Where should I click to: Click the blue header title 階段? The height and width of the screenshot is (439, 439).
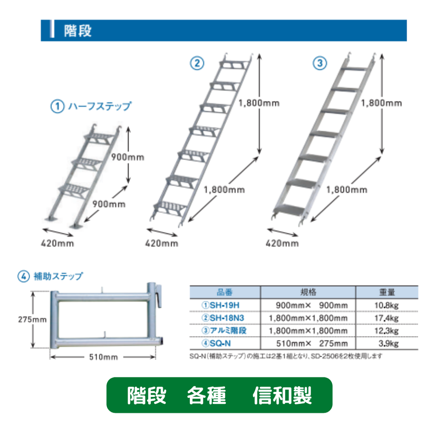78,30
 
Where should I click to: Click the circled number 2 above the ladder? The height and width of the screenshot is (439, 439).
197,63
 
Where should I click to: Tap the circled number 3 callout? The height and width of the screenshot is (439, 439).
320,63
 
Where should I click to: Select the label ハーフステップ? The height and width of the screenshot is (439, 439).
100,106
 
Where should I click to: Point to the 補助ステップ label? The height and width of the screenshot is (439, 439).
58,276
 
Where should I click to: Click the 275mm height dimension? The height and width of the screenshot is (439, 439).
32,319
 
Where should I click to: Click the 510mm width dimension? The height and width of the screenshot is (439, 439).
104,357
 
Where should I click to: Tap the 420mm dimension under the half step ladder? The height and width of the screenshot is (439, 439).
57,243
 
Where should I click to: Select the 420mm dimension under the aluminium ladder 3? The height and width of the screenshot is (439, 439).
282,243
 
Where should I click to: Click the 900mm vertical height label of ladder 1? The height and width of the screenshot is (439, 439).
128,157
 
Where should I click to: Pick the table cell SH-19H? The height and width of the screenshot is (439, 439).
220,305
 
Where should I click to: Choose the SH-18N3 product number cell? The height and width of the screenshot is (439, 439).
223,318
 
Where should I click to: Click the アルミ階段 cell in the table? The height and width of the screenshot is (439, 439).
224,331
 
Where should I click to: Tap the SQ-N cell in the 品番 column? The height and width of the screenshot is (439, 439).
216,343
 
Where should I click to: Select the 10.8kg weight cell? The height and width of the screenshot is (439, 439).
386,305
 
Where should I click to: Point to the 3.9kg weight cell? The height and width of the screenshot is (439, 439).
389,343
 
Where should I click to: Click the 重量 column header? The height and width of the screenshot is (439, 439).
387,293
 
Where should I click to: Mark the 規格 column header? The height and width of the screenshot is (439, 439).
308,293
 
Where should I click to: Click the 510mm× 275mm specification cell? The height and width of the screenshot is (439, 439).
312,343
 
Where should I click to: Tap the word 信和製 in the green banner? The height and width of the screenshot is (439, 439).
282,395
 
